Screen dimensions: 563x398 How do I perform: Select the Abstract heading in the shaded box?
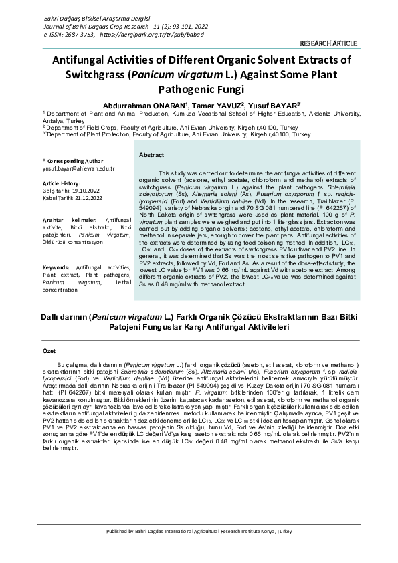coord(152,155)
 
